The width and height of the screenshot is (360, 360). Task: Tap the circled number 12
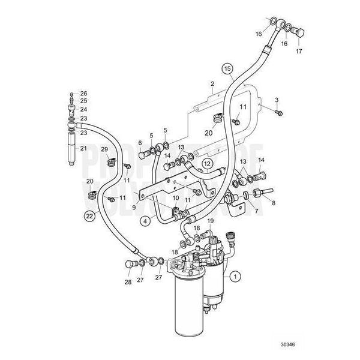pyautogui.click(x=206, y=163)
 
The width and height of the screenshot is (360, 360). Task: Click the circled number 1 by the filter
pyautogui.click(x=236, y=277)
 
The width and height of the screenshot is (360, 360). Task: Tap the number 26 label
pyautogui.click(x=83, y=93)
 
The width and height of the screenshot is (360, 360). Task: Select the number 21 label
pyautogui.click(x=83, y=148)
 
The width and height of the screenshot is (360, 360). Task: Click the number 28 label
pyautogui.click(x=128, y=282)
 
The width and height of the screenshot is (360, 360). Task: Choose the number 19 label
pyautogui.click(x=210, y=222)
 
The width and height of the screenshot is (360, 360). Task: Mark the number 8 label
pyautogui.click(x=274, y=203)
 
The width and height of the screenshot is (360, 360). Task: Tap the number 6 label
pyautogui.click(x=140, y=143)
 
